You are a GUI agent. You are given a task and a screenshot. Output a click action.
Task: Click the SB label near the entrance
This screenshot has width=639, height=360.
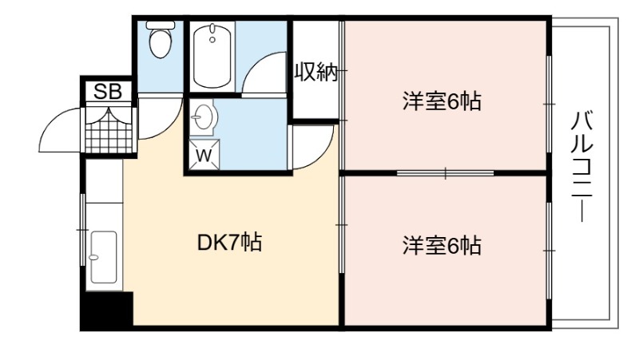click(108, 92)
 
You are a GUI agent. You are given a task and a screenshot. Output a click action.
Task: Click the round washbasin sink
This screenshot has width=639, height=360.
click(202, 117)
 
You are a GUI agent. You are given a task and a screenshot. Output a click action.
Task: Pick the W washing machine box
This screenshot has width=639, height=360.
click(204, 155)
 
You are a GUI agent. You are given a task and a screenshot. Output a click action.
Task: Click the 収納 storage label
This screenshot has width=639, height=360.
click(316, 72)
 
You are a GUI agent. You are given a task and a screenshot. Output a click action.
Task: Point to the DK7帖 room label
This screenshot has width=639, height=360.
click(229, 243)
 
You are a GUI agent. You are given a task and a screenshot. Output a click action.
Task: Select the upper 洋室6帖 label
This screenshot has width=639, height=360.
click(442, 101)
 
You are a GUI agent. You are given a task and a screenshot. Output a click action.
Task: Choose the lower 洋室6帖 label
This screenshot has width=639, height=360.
click(442, 246)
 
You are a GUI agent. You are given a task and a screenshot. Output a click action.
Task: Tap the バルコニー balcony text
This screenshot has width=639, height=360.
click(581, 166)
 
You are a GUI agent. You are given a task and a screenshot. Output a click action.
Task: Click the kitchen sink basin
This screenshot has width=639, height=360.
click(104, 257)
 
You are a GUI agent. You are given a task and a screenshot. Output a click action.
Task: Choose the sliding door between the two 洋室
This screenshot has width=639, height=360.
click(445, 173)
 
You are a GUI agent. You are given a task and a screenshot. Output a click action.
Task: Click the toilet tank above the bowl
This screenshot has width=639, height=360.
click(161, 26)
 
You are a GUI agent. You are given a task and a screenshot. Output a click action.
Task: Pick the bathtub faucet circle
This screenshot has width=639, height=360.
click(212, 39)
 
